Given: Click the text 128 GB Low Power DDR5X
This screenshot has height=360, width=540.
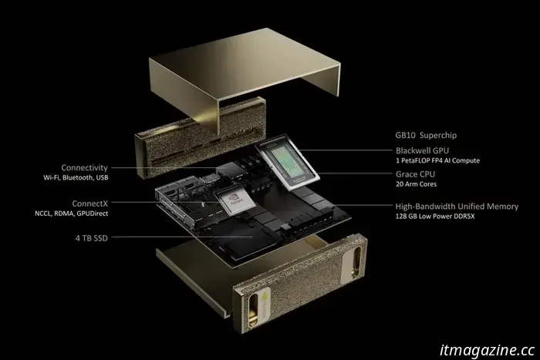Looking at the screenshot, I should coord(438,217).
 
